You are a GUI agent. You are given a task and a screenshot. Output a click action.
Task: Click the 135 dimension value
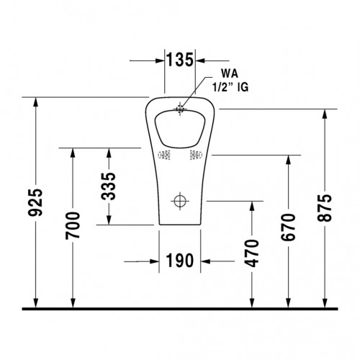180,60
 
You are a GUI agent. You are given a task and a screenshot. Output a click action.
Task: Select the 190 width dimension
180,261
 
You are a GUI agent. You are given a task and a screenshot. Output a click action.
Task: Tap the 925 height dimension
35,202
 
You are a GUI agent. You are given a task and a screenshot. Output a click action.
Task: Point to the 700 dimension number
73,225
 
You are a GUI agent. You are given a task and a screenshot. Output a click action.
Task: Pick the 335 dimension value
108,186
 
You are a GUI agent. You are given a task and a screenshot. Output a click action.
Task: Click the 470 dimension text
251,253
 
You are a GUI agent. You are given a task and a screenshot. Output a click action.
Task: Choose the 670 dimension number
288,227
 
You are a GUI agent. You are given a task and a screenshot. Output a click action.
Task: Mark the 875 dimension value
325,208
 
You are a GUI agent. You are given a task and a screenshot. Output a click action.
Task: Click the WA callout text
230,73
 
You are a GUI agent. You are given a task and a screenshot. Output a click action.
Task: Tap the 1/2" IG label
230,87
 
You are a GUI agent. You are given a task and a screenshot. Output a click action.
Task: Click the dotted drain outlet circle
180,201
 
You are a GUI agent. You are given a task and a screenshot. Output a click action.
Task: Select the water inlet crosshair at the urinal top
180,109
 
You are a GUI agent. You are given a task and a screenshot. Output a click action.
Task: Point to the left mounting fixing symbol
164,155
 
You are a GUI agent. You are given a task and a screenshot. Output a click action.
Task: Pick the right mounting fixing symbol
196,155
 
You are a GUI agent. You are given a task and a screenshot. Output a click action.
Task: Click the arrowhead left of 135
160,60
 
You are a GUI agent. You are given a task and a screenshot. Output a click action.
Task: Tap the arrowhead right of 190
205,261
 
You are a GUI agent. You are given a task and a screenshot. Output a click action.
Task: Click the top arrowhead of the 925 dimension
36,102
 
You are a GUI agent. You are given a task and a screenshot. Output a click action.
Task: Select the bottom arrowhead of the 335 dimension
109,220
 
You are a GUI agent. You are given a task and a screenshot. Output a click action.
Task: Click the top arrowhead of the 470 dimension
252,206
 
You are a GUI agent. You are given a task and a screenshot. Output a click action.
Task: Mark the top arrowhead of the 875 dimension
325,114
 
